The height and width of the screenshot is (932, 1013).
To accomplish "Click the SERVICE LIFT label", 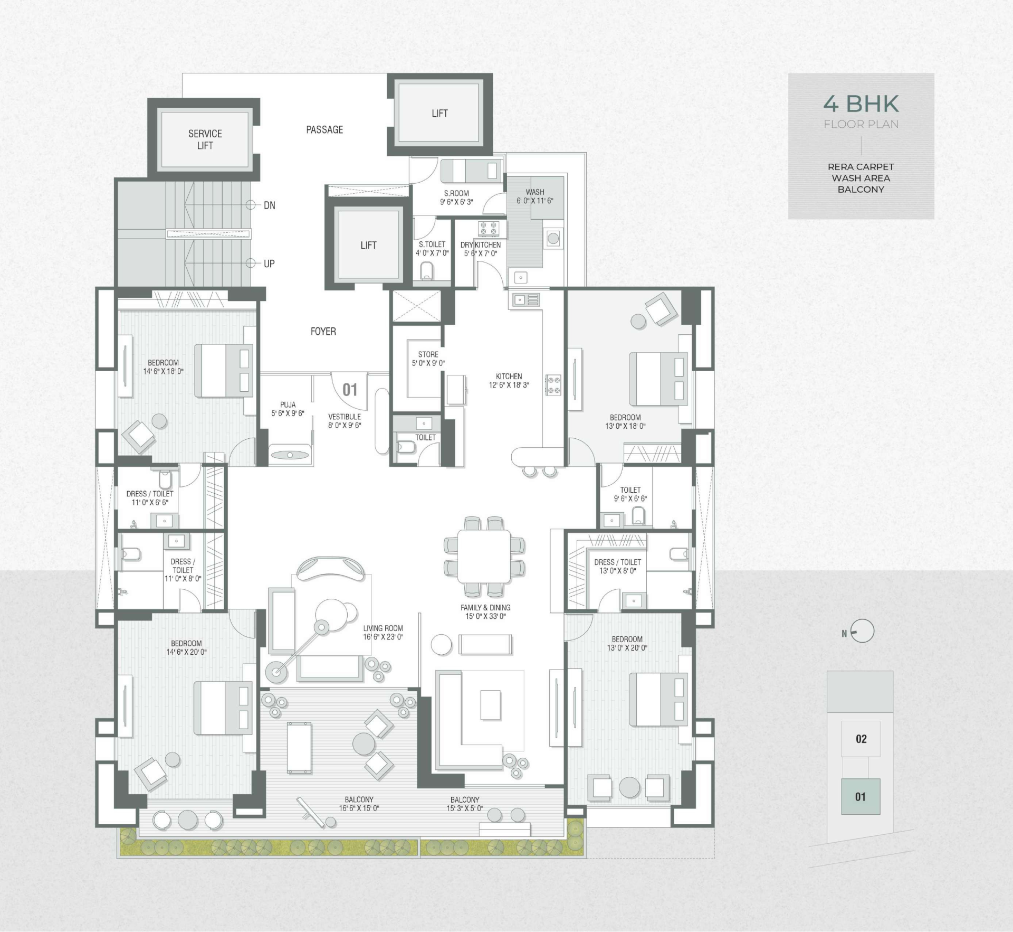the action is click(x=205, y=139).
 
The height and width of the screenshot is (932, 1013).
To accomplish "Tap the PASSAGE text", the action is click(x=324, y=130).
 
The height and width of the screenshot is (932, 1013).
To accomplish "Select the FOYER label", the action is click(x=323, y=332).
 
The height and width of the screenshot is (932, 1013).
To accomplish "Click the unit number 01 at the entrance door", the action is click(x=350, y=390).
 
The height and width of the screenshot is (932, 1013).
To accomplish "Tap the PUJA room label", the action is click(x=288, y=405).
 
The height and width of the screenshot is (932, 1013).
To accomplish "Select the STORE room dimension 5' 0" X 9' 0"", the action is click(x=428, y=363).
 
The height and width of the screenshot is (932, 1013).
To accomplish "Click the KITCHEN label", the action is click(x=509, y=376).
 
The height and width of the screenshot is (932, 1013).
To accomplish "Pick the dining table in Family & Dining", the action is click(x=484, y=556).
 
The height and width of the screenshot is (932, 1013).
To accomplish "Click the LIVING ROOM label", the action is click(x=383, y=628).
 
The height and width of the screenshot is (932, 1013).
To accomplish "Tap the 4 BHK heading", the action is click(x=861, y=104).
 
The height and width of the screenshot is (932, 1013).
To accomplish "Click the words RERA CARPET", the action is click(x=861, y=167).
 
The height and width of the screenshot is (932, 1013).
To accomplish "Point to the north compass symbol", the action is click(x=862, y=631).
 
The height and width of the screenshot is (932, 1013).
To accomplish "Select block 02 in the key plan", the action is click(x=861, y=739).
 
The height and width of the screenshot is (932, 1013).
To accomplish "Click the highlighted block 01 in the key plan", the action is click(x=861, y=796).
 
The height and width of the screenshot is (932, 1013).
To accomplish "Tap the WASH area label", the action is click(x=535, y=192).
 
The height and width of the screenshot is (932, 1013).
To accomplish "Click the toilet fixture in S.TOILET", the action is click(x=427, y=271).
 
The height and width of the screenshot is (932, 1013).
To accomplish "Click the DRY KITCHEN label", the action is click(x=481, y=245).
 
